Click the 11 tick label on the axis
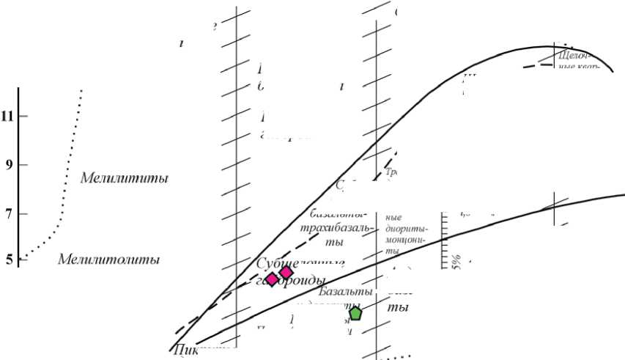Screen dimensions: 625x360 (8, 116)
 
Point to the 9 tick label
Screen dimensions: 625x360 (8, 165)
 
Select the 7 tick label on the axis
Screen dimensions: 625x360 (8, 214)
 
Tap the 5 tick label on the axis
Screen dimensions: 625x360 (8, 259)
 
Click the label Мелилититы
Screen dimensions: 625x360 (124, 178)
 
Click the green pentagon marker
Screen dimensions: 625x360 (355, 314)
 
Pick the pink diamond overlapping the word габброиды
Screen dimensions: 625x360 (272, 279)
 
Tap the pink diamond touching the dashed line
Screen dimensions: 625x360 (286, 273)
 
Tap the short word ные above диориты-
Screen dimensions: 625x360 (394, 217)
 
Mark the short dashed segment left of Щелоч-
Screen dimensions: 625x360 (539, 65)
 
